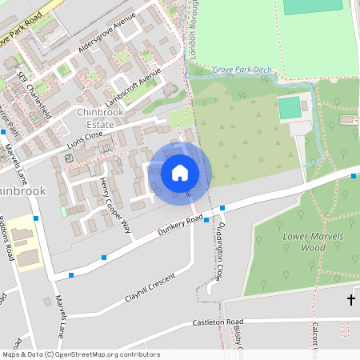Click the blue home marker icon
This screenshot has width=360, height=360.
(180, 173)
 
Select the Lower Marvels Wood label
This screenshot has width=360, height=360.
(303, 242)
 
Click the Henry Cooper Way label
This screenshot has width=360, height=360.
(115, 206)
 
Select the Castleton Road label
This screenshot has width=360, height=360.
(217, 322)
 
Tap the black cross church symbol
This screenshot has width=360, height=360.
(350, 299)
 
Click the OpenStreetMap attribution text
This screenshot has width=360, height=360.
(81, 354)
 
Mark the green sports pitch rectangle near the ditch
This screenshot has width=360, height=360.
(290, 107)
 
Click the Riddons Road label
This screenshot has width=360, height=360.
(7, 238)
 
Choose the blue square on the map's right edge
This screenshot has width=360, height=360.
(354, 176)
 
